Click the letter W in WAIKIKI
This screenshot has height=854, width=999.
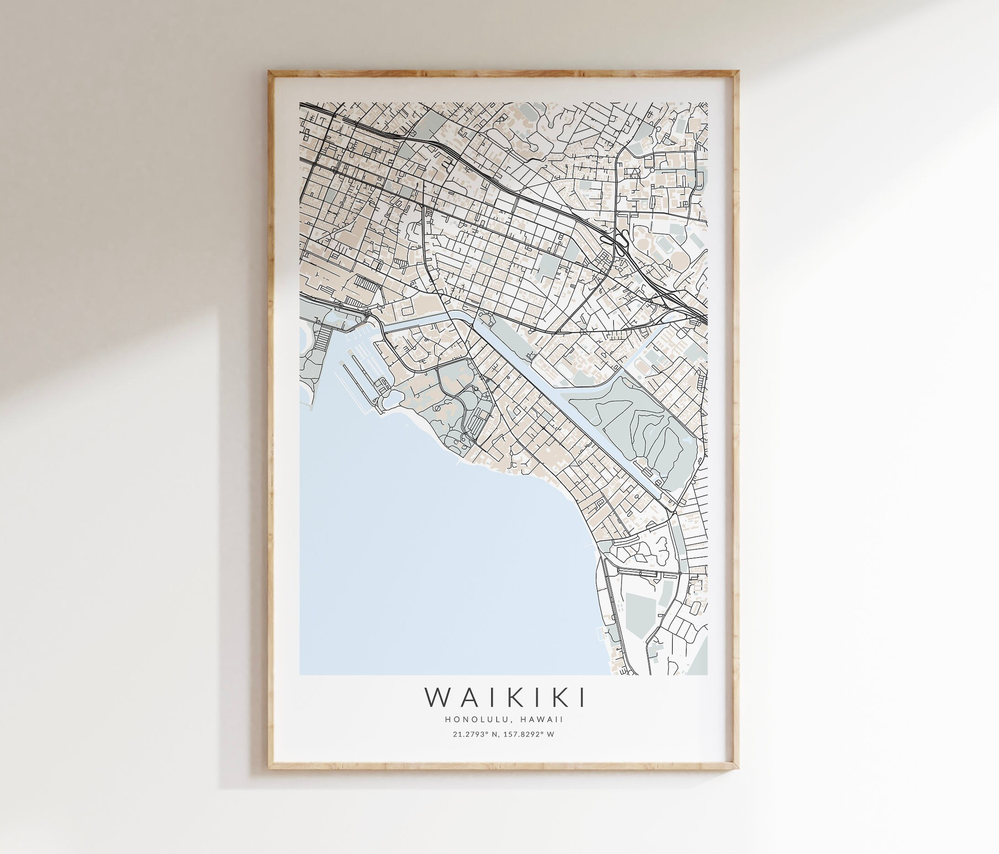(x=439, y=697)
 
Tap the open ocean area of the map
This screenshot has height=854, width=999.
(x=434, y=555)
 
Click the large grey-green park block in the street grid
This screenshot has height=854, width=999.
(x=546, y=266)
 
